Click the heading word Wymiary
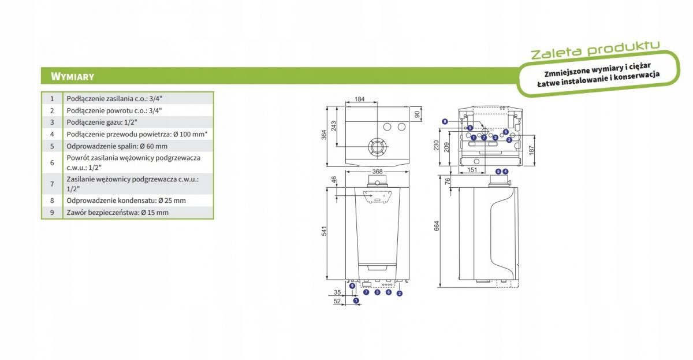(72, 76)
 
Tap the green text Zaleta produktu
(595, 51)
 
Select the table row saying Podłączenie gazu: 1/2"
(128, 123)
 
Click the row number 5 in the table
(52, 146)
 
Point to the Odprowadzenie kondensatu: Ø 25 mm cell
(138, 201)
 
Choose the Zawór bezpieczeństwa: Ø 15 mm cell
(138, 213)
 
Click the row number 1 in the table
(52, 99)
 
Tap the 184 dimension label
(359, 99)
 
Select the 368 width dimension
(377, 172)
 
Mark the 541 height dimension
(324, 231)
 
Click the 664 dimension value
(437, 226)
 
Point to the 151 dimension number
(472, 170)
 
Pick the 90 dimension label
(417, 114)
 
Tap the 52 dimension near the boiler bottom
(337, 301)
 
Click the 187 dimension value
(531, 151)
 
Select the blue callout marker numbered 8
(445, 122)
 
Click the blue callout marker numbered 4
(505, 172)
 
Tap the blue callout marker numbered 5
(498, 172)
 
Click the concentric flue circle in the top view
(377, 147)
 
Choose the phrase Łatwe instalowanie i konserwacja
(598, 80)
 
